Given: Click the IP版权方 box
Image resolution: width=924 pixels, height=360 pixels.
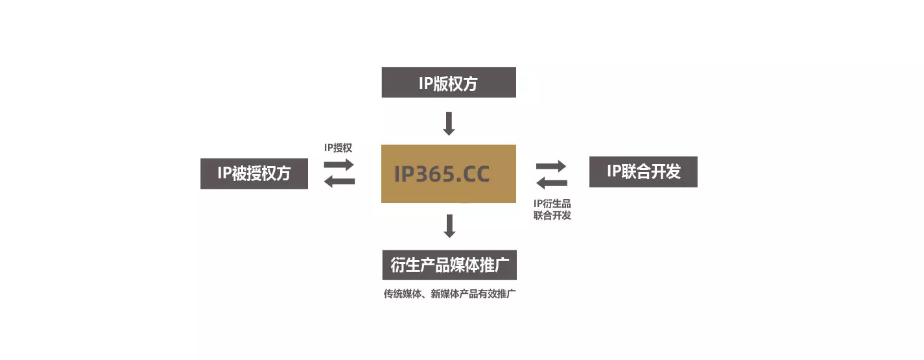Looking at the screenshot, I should click(449, 82).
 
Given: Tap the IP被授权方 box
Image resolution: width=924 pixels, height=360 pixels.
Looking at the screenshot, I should click(254, 173).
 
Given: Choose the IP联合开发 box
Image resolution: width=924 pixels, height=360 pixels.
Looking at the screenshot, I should click(643, 172).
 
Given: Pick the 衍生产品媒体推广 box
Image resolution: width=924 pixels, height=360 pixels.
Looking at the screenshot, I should click(449, 265).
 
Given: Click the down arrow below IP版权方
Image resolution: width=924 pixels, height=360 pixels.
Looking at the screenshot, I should click(449, 123).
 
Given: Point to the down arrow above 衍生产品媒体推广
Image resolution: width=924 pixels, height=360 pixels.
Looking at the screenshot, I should click(449, 226).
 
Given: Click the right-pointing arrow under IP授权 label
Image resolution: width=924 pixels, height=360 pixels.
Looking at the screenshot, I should click(339, 165).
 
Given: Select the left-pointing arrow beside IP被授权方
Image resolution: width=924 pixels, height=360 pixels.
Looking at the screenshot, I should click(339, 182).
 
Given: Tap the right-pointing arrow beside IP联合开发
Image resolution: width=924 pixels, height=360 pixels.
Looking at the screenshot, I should click(552, 165).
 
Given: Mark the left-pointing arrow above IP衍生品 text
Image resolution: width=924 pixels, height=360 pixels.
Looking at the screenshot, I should click(552, 183).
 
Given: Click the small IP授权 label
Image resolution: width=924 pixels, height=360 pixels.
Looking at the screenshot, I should click(338, 148).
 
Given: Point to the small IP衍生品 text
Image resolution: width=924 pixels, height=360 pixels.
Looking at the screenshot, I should click(552, 204).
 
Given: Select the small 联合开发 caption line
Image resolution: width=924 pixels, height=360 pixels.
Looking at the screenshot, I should click(552, 215).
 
